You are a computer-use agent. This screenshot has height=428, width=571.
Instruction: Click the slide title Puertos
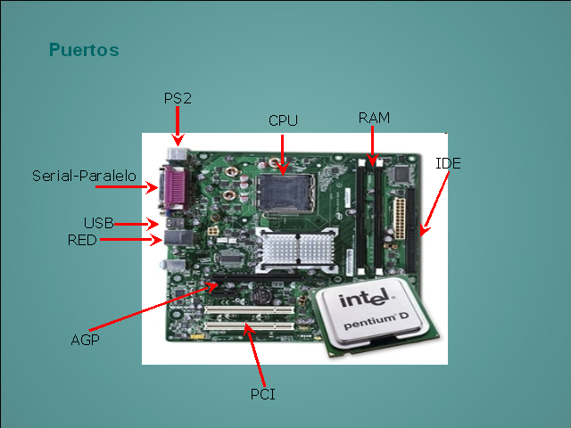[x=84, y=50]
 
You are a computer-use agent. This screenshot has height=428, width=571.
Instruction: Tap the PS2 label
[x=178, y=98]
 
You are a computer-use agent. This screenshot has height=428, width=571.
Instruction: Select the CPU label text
[x=283, y=120]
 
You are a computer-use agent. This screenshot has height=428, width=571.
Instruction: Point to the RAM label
[x=374, y=118]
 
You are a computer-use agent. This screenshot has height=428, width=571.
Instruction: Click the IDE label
[x=448, y=163]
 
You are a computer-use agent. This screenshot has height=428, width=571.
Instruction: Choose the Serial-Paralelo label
[x=84, y=177]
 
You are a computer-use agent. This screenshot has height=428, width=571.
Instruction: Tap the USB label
[x=99, y=223]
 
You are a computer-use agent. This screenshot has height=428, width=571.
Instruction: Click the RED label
[x=82, y=240]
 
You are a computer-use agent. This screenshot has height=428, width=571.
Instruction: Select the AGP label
[x=86, y=340]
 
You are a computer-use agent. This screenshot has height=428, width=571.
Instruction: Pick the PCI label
[x=263, y=394]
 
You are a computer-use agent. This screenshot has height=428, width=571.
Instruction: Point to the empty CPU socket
[x=285, y=193]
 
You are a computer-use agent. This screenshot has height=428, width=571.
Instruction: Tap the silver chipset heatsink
[x=297, y=249]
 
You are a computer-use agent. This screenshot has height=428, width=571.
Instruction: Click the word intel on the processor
[x=366, y=299]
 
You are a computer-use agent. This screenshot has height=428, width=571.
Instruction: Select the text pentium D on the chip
[x=377, y=319]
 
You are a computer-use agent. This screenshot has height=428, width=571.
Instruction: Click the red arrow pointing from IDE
[x=434, y=203]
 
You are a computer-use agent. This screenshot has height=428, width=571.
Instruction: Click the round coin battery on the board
[x=261, y=295]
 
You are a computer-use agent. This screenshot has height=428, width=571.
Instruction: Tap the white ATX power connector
[x=399, y=218]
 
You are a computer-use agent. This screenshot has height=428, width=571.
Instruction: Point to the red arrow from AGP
[x=153, y=307]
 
